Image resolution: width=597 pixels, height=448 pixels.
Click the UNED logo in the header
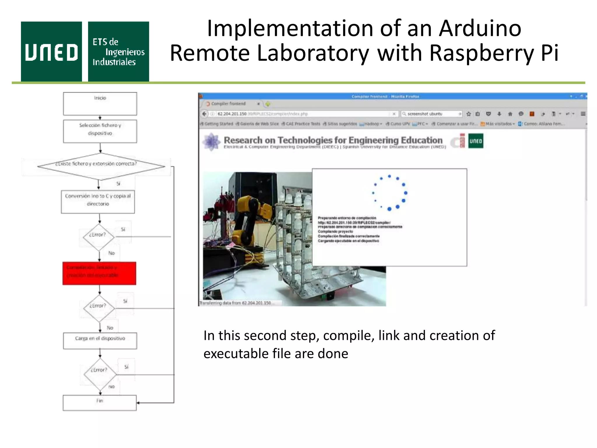[x=51, y=52]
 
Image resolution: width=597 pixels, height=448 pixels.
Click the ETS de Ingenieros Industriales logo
[x=118, y=52]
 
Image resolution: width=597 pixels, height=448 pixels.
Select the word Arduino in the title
[x=480, y=28]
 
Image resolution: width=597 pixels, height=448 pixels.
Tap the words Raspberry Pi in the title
[x=494, y=53]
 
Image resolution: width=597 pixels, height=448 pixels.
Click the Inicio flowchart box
[x=100, y=104]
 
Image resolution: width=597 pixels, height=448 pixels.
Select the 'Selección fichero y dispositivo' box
[x=100, y=131]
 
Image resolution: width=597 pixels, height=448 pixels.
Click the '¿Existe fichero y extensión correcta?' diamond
[x=101, y=166]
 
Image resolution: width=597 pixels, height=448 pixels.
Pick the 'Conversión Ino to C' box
[x=98, y=202]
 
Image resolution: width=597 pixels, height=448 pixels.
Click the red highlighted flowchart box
[x=99, y=273]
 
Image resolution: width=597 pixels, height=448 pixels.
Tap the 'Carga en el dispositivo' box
[x=100, y=341]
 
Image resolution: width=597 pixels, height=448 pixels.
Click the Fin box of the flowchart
[x=100, y=403]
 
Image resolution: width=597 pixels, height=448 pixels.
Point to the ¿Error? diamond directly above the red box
[x=99, y=237]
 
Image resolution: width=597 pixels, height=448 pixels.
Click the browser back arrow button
[x=204, y=114]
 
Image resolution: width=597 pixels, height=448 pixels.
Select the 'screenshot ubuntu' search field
[x=431, y=114]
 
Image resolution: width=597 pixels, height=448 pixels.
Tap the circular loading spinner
[x=389, y=193]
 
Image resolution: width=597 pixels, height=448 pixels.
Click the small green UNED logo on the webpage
[x=475, y=141]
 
